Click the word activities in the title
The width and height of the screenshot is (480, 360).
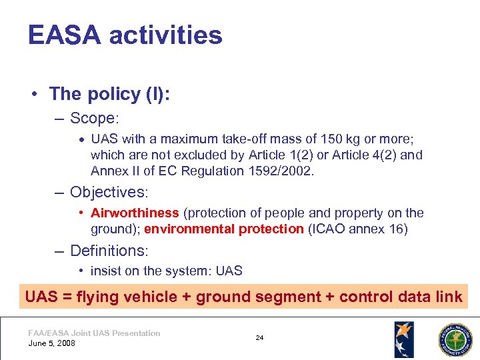pos(165,35)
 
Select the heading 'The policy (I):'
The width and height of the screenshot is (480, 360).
pos(109,93)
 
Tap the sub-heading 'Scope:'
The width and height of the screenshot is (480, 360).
pos(94,119)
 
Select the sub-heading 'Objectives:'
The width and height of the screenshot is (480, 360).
pos(109,193)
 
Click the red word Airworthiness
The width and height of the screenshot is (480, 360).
pos(135,213)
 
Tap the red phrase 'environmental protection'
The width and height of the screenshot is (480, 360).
pos(224,229)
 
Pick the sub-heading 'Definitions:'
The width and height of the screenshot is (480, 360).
pos(109,251)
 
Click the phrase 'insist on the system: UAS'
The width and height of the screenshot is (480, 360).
pos(167,271)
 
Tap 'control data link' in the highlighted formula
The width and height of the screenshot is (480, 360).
pos(400,297)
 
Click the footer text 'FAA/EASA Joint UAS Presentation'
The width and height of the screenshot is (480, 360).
pos(94,333)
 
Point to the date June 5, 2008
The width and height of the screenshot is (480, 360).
pos(52,343)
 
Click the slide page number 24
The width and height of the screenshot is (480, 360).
pos(259,338)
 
